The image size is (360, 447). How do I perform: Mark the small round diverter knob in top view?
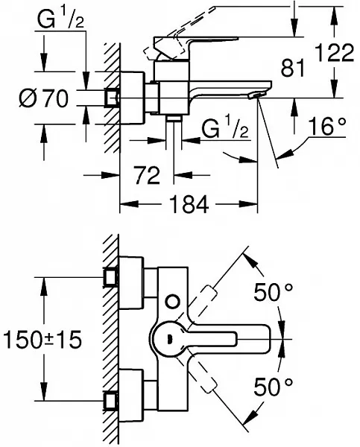174,302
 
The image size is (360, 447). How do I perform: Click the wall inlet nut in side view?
113,98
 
